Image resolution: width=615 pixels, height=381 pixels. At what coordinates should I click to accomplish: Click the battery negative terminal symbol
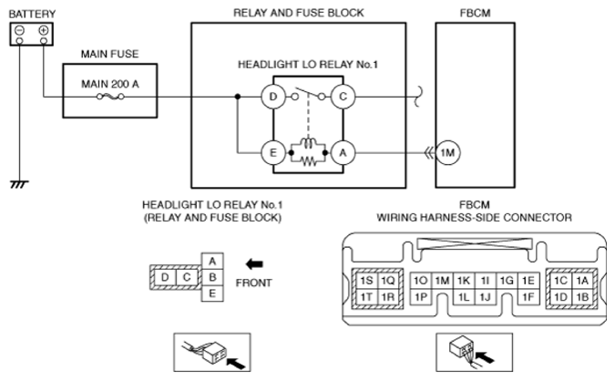(18, 31)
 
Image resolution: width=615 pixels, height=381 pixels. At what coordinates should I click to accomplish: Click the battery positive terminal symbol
(42, 31)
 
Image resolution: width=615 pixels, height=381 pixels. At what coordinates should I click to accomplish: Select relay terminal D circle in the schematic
(271, 96)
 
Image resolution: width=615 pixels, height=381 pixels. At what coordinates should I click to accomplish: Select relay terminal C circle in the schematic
(342, 96)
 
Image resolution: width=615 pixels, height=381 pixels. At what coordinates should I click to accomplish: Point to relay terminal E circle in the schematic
(271, 154)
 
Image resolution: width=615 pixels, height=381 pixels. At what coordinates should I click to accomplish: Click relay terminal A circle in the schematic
(342, 154)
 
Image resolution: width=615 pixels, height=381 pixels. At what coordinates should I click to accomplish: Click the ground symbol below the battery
(16, 183)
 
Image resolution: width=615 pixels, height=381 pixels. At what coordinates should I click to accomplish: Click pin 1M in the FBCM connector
(442, 280)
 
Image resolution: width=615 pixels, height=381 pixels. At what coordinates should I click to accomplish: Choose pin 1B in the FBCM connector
(582, 296)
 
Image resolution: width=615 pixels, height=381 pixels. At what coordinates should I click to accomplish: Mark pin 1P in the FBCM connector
(421, 296)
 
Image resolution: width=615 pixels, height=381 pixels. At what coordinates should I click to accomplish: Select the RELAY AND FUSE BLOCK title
(299, 13)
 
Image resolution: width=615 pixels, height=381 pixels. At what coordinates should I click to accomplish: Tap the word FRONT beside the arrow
(253, 283)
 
